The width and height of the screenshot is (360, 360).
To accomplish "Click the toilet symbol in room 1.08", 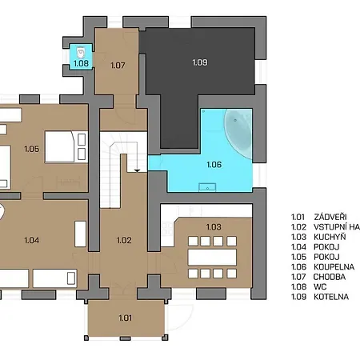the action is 81,53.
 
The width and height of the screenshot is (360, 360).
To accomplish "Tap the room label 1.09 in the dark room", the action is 200,62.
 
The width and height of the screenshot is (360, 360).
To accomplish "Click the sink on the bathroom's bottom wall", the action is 207,187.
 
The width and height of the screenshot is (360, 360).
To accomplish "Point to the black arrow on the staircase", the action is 137,170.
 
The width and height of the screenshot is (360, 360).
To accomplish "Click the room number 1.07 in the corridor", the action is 118,65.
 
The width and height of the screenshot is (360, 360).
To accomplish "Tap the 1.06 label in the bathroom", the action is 214,165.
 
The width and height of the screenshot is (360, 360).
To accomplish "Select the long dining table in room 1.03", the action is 212,258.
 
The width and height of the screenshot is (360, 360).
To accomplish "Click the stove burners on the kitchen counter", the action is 167,229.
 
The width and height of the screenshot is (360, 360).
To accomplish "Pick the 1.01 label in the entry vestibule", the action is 125,318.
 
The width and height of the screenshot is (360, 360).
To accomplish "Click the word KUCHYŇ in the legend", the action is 330,237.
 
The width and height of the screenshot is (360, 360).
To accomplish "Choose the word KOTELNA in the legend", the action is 331,297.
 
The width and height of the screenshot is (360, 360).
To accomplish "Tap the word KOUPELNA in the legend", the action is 334,267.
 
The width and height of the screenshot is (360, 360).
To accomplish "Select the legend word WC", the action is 320,287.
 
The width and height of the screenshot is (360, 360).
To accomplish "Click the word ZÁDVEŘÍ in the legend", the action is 330,217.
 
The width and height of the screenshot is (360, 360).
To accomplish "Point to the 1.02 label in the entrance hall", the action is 124,240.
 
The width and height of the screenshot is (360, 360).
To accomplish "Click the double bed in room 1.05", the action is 66,146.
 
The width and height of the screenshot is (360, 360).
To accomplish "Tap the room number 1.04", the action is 31,240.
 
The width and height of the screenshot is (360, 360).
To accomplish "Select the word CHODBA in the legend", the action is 330,277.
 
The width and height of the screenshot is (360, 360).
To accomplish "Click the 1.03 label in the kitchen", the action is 214,227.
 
